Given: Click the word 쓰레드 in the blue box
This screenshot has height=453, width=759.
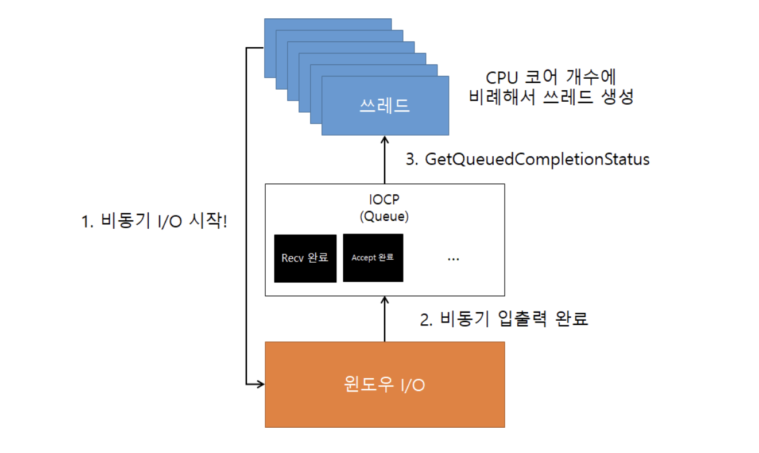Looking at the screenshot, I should [385, 106].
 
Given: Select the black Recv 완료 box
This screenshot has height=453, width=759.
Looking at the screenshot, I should [305, 258].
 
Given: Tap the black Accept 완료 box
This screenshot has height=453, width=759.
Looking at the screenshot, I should [373, 258].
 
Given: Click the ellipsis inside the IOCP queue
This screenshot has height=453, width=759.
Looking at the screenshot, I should [453, 259].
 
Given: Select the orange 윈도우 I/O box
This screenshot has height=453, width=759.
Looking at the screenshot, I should [385, 385].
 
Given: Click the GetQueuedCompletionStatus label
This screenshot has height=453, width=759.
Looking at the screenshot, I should [537, 159].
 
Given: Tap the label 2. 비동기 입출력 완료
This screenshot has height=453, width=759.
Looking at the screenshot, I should [504, 319].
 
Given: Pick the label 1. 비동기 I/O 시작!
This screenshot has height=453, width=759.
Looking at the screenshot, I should [154, 221].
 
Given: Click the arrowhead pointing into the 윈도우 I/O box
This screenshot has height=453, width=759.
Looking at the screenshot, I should [260, 383].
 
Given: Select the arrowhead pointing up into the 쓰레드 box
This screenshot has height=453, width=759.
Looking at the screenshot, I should [385, 141].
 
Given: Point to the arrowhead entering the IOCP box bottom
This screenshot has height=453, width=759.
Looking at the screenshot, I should [385, 301].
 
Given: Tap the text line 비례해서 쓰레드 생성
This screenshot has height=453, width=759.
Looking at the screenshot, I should [551, 97].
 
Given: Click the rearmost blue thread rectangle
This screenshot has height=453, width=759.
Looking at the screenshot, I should [327, 24].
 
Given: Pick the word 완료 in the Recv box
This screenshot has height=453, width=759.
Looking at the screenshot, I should [317, 258].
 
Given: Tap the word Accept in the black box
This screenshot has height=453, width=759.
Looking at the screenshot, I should [363, 258].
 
